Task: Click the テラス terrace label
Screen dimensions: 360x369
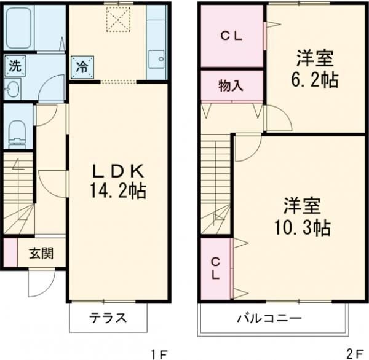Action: tap(108, 318)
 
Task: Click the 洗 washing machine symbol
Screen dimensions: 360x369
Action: tap(13, 65)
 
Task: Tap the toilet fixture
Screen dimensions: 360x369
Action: tap(17, 132)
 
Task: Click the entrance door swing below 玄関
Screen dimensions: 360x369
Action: tap(38, 281)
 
